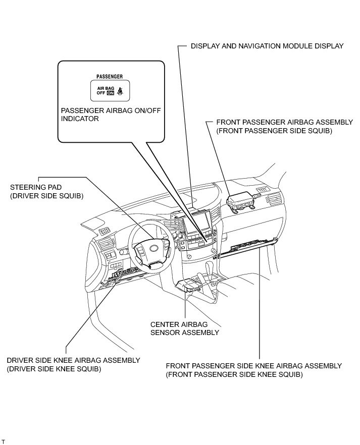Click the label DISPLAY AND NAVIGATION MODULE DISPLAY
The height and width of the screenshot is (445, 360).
[267, 46]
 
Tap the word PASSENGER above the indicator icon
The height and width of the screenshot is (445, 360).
[110, 77]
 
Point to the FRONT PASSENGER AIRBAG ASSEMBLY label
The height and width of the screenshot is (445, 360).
[284, 123]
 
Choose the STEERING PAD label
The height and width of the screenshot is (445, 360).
[36, 187]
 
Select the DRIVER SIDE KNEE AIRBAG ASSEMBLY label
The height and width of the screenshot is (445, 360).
[73, 360]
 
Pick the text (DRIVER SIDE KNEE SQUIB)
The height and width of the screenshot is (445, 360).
[54, 369]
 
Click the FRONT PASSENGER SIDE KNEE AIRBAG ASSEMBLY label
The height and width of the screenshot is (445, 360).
[253, 366]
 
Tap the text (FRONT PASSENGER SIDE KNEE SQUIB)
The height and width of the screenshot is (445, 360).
[234, 375]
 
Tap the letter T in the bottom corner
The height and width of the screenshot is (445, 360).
[3, 441]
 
